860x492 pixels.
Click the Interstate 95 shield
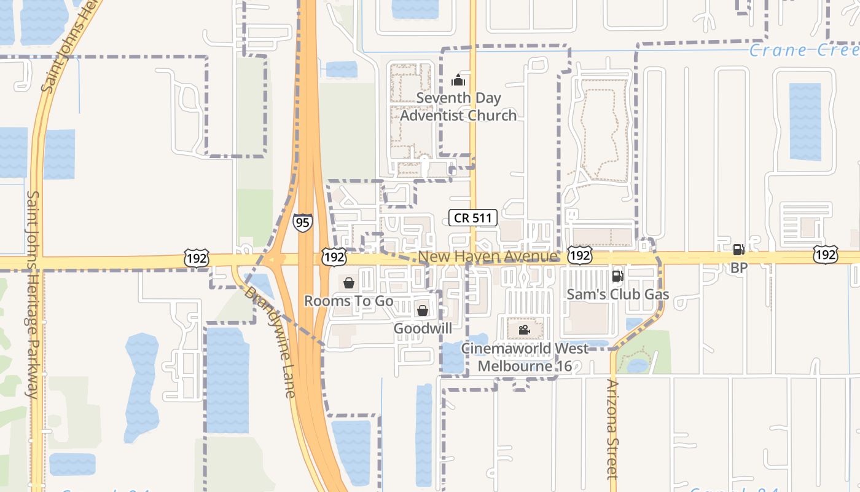click(302, 222)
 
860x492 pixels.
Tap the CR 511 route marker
click(473, 217)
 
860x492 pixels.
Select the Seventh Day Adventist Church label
click(458, 106)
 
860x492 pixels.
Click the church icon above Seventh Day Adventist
click(458, 80)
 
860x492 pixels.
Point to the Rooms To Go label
click(349, 301)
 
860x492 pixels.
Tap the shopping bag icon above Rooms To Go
click(349, 283)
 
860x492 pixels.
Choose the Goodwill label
click(423, 328)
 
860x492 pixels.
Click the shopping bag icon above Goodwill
click(423, 311)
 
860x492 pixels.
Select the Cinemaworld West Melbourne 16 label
click(525, 357)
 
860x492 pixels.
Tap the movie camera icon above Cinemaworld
click(524, 330)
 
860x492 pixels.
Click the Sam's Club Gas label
click(617, 295)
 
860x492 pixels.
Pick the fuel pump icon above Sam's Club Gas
click(617, 276)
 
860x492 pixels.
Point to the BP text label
click(738, 268)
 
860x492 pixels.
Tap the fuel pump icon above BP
click(738, 250)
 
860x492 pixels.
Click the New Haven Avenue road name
click(488, 256)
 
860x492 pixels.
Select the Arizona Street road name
click(612, 429)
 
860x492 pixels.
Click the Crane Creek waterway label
click(804, 50)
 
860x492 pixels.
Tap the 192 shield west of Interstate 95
click(197, 258)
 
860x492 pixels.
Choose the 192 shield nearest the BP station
click(826, 254)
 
